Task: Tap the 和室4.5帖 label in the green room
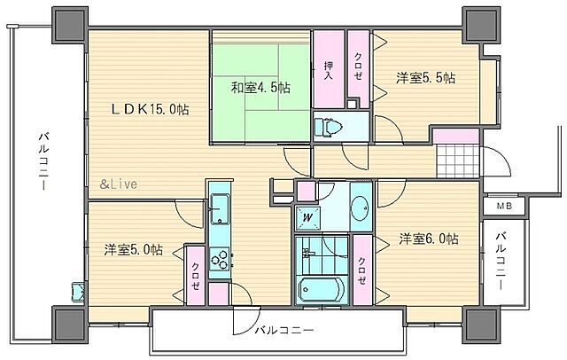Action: [261, 88]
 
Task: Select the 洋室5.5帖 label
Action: [425, 78]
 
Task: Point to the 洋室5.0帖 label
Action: [132, 250]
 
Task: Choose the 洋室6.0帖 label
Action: [428, 239]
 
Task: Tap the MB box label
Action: [502, 207]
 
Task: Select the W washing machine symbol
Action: [307, 217]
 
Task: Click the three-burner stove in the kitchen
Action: [219, 259]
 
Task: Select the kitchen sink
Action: [220, 212]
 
